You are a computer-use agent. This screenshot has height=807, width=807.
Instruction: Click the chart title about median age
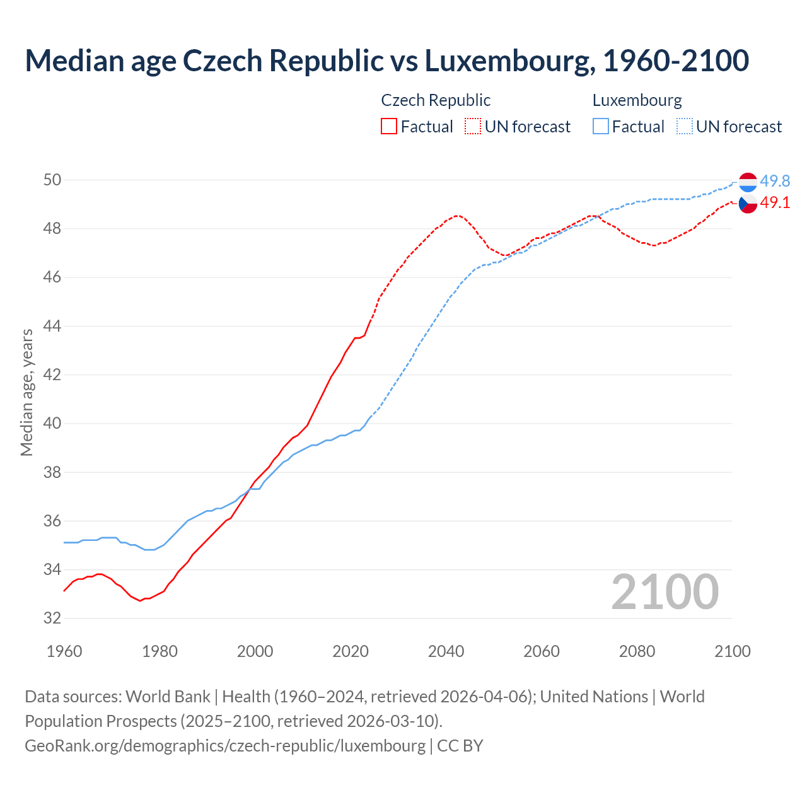[x=386, y=61]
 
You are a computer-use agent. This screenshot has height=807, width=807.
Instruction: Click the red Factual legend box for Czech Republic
[x=389, y=127]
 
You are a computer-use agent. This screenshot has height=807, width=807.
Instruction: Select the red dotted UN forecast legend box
[x=473, y=127]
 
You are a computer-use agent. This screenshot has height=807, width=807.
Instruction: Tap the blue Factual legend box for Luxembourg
[x=601, y=127]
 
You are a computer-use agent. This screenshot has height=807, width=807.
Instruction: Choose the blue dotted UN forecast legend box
[x=684, y=127]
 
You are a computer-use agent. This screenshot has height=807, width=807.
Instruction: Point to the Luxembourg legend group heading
[x=637, y=100]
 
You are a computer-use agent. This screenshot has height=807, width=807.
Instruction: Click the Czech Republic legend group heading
[x=436, y=100]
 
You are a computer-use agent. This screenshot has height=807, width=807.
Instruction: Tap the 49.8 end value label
[x=775, y=182]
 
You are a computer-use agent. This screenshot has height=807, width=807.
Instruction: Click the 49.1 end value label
[x=775, y=203]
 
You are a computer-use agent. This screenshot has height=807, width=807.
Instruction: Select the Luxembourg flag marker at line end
[x=748, y=182]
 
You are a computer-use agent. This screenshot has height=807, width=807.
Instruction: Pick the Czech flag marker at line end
[x=748, y=204]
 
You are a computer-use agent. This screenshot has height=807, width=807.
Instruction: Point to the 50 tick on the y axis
[x=52, y=180]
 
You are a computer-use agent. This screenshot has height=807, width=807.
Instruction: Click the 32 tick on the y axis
[x=52, y=618]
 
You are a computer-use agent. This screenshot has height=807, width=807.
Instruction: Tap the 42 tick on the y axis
[x=52, y=375]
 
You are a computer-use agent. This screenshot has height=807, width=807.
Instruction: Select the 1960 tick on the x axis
[x=64, y=651]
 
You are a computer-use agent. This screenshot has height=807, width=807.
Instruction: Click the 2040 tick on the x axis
[x=446, y=651]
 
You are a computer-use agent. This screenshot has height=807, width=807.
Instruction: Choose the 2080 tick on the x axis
[x=637, y=651]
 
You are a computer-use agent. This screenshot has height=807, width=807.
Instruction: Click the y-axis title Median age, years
[x=26, y=392]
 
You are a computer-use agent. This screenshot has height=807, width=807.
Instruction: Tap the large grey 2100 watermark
[x=665, y=591]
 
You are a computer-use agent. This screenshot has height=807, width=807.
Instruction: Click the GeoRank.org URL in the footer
[x=225, y=745]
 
